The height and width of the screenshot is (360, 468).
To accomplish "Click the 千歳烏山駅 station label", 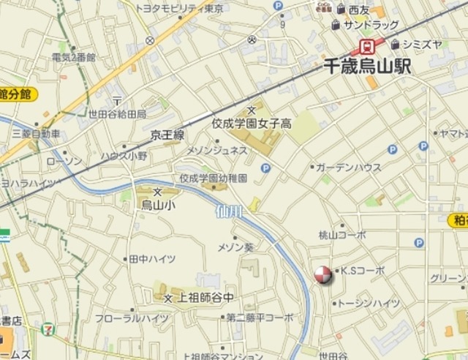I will pyautogui.click(x=367, y=66).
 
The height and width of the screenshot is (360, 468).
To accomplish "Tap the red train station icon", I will pyautogui.click(x=362, y=46).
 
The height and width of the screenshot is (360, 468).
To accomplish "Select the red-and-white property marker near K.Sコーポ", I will pyautogui.click(x=322, y=275).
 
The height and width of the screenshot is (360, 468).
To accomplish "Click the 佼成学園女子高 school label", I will pyautogui.click(x=252, y=124).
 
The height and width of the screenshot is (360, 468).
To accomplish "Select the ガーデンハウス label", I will pyautogui.click(x=348, y=167).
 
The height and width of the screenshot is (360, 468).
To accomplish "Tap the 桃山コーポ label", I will pyautogui.click(x=342, y=235).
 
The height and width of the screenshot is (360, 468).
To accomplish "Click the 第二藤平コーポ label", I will pyautogui.click(x=260, y=318).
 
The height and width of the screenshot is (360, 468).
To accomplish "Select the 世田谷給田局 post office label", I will pyautogui.click(x=117, y=113).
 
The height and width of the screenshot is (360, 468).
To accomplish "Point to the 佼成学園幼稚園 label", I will pyautogui.click(x=214, y=178).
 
